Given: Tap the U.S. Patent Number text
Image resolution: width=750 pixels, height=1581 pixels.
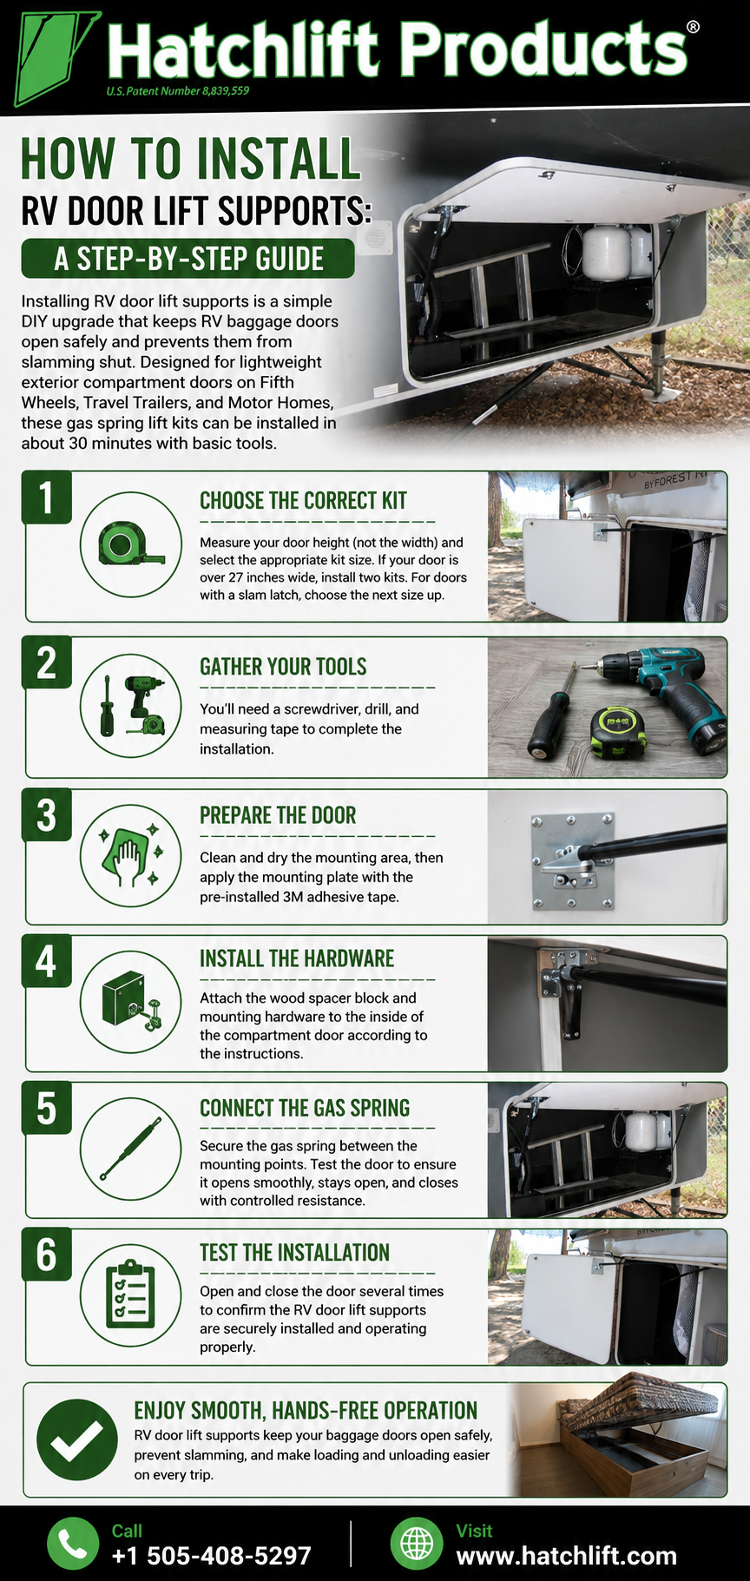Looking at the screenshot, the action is click(178, 91).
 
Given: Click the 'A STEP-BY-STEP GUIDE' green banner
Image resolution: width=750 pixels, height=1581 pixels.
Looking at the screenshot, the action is click(188, 259).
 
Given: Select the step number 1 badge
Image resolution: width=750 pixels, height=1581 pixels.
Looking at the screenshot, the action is click(47, 497).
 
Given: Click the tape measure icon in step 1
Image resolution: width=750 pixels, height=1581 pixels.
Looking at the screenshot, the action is click(131, 545).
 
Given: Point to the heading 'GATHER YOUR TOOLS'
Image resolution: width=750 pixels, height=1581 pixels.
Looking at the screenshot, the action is click(283, 667).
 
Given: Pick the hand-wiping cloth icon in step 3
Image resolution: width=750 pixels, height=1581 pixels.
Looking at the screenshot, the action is click(131, 855).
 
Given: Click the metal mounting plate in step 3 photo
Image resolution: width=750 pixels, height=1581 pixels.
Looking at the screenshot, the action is click(571, 861).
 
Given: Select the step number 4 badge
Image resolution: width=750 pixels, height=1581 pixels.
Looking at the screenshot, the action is click(47, 962).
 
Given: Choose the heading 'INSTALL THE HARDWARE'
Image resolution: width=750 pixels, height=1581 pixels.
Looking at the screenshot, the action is click(297, 958).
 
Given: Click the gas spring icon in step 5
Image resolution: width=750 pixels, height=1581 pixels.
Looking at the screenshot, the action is click(131, 1148).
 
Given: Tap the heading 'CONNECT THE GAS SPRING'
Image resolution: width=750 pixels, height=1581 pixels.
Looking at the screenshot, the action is click(305, 1108).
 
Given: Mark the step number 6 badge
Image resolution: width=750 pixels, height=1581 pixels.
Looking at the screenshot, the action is click(47, 1255).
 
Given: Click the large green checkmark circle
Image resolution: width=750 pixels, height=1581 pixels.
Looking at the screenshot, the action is click(77, 1439).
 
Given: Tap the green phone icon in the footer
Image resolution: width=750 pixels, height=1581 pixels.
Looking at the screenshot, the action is click(73, 1544).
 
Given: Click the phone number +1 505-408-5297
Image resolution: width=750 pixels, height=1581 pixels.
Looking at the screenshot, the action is click(211, 1556).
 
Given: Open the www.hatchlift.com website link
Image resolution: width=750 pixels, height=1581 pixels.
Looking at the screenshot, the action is click(566, 1556).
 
